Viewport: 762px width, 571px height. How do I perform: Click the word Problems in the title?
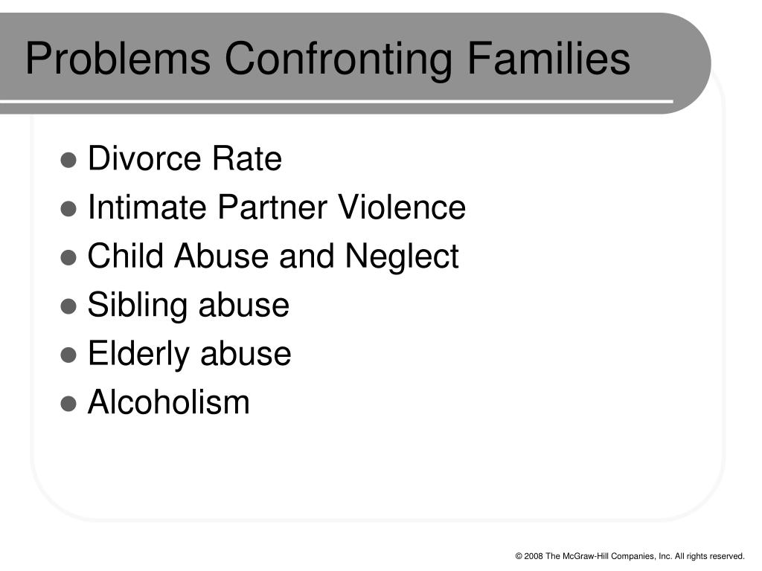point(118,58)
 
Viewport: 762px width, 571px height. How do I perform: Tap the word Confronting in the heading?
point(339,59)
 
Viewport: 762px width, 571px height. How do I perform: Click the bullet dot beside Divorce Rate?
point(68,160)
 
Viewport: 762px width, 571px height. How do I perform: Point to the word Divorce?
point(144,158)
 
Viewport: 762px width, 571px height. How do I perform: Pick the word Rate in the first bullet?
point(247,158)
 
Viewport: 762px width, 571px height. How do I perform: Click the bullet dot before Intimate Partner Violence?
point(68,209)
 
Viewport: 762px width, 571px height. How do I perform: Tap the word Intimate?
point(147,207)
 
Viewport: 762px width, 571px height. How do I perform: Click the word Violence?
point(402,207)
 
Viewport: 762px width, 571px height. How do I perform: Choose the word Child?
point(125,256)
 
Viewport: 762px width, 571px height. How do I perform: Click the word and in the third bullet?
point(307,256)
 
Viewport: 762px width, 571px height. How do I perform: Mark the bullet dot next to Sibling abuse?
point(68,306)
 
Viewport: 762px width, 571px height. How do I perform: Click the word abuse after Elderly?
point(246,353)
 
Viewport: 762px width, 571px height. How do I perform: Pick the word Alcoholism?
point(169,402)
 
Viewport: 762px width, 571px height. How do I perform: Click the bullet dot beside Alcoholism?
point(68,404)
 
